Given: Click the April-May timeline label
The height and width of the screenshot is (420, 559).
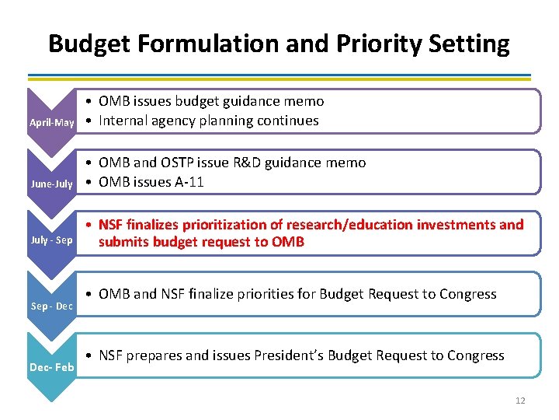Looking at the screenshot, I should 51,123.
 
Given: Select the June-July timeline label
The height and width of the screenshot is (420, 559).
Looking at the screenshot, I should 51,184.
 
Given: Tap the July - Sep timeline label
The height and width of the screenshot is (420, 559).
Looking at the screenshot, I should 51,240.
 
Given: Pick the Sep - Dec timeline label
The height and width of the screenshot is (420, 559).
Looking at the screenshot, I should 51,306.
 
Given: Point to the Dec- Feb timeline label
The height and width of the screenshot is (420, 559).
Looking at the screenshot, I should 51,366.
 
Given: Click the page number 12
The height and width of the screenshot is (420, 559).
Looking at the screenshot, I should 519,401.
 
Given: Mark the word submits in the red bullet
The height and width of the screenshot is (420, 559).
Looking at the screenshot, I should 122,242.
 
